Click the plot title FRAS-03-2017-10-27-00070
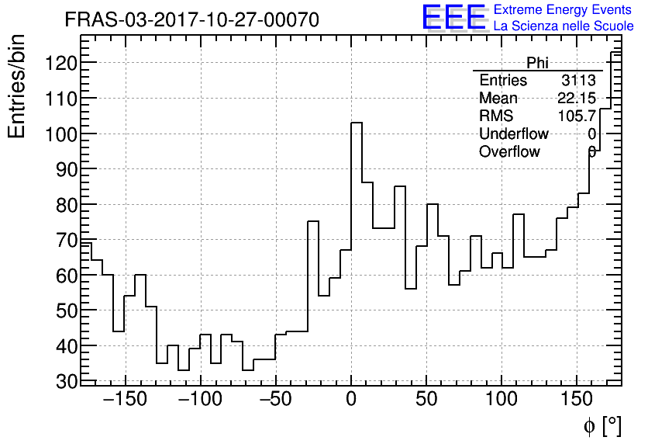click(x=191, y=19)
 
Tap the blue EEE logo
click(x=453, y=18)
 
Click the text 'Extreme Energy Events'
click(x=564, y=10)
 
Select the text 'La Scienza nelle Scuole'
click(x=564, y=26)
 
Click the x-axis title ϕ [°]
click(x=602, y=425)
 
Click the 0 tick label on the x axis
click(x=351, y=400)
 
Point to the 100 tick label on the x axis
click(x=502, y=400)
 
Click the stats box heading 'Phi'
click(x=537, y=63)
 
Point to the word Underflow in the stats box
click(x=514, y=134)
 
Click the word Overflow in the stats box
click(x=509, y=152)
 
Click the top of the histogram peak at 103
click(x=357, y=123)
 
